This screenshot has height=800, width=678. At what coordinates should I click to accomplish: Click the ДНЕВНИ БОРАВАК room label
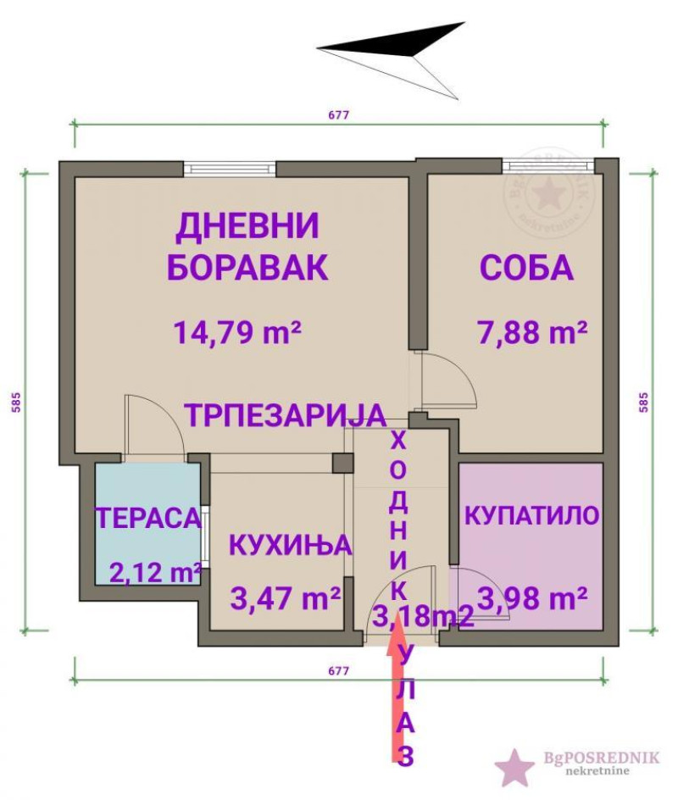click(247, 247)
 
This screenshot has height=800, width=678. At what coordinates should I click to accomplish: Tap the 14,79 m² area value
click(238, 332)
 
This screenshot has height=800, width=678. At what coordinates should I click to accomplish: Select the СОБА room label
click(527, 267)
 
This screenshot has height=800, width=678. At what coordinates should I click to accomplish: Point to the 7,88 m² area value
click(532, 332)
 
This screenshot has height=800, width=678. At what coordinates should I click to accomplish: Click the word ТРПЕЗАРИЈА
click(285, 414)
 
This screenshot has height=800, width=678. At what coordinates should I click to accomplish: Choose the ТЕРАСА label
click(148, 518)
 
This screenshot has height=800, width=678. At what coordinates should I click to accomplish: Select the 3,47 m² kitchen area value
click(286, 598)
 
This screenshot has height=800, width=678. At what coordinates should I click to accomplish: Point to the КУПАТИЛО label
click(532, 515)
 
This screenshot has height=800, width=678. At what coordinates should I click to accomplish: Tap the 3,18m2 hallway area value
click(424, 617)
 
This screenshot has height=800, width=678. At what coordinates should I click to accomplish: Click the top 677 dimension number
click(339, 114)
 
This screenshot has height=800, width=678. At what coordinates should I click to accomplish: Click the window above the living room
click(230, 169)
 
